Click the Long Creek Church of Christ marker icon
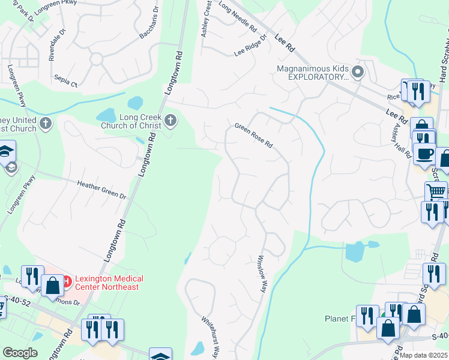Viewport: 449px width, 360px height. pos(170,121)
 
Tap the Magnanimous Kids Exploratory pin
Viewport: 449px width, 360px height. pos(358,73)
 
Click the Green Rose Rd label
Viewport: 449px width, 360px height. pos(253,136)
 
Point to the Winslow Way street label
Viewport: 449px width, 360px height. pos(262,274)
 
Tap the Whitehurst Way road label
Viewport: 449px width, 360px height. pos(209,337)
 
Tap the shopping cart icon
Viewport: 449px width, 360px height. pos(436,192)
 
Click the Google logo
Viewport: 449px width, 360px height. pos(20,353)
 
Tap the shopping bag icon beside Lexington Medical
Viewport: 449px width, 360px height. pos(53,285)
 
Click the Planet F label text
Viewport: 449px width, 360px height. pos(340,319)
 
